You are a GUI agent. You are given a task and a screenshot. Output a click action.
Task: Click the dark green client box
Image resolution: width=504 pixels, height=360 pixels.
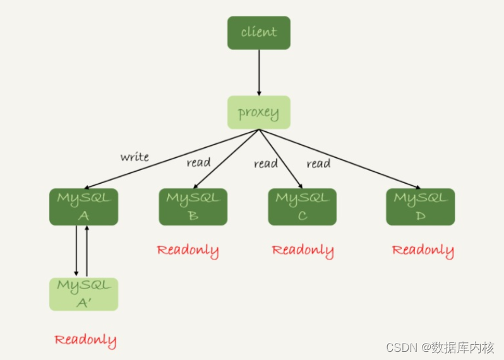258,33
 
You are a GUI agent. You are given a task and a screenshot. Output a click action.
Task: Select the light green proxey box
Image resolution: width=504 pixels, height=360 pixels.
258,112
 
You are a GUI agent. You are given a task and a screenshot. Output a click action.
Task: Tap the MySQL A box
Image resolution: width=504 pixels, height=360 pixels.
83,207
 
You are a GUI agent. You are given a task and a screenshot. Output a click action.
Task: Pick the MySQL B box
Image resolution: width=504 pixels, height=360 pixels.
193,207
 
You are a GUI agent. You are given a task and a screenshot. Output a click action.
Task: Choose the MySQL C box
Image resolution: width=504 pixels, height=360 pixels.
302,207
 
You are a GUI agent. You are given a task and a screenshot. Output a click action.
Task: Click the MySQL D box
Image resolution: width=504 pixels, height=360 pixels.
420,207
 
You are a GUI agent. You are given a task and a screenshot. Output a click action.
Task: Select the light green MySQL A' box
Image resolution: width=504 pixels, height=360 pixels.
83,294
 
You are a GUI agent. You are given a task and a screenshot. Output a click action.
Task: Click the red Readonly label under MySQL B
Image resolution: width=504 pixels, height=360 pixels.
188,250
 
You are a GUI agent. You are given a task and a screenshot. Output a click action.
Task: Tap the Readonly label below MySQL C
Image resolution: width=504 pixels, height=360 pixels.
303,250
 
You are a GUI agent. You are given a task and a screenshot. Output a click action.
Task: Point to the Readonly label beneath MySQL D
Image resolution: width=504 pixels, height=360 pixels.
423,250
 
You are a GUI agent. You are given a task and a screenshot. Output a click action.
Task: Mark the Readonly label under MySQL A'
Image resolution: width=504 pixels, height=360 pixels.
85,340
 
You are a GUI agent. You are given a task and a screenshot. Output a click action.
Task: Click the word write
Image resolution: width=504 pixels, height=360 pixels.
135,157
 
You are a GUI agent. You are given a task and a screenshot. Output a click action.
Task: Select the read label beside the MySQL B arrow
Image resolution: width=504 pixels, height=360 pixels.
198,163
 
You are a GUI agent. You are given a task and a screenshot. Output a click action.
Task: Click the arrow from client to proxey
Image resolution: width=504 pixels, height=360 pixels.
258,73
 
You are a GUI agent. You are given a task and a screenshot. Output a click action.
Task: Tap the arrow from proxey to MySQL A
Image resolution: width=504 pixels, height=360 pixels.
171,159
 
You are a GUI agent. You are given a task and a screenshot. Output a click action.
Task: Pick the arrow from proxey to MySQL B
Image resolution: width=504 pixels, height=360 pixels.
225,159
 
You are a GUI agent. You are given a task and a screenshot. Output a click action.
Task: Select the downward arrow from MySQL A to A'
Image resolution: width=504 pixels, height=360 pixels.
76,251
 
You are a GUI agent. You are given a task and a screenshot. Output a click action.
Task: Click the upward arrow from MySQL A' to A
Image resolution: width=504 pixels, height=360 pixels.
87,251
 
